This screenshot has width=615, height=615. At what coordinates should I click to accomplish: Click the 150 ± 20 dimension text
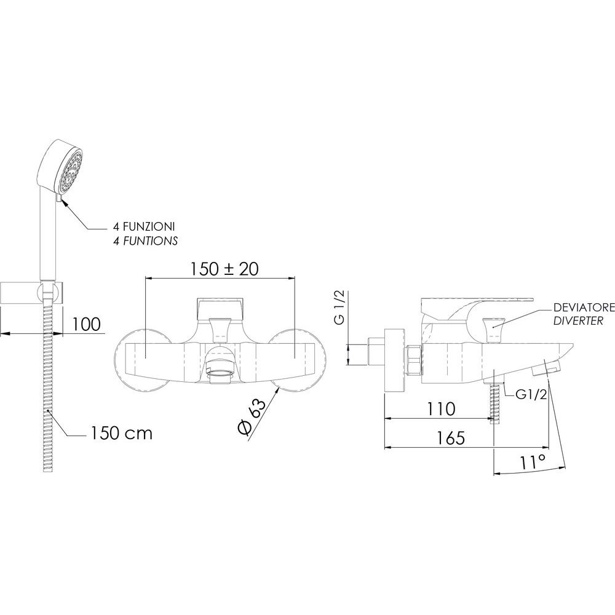click(x=224, y=269)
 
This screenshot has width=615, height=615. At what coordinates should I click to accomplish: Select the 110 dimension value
click(x=441, y=409)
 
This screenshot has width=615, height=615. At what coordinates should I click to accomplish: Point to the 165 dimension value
click(x=451, y=438)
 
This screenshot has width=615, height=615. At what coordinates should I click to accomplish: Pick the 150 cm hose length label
click(x=121, y=433)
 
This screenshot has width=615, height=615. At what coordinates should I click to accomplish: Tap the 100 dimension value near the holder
click(x=86, y=324)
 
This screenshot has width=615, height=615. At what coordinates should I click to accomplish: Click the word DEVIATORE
click(x=584, y=308)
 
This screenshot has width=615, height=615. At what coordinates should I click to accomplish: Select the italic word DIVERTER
click(x=578, y=321)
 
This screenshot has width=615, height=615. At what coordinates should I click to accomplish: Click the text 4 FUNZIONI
click(x=143, y=226)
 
